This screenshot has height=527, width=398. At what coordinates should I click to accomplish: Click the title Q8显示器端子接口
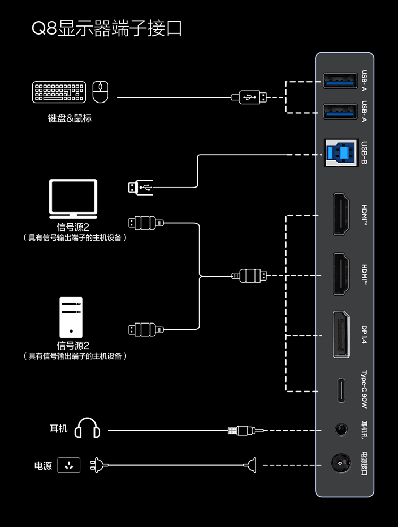click(x=107, y=28)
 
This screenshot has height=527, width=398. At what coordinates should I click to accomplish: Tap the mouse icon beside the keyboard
click(x=100, y=92)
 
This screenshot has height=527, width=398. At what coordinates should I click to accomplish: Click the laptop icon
click(x=73, y=198)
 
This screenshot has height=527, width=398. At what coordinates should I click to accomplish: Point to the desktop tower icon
click(x=71, y=317)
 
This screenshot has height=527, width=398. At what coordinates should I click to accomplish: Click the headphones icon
click(x=88, y=428)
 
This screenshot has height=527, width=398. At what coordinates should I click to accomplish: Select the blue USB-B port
click(x=340, y=153)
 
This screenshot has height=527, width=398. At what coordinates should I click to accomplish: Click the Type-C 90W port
click(x=341, y=390)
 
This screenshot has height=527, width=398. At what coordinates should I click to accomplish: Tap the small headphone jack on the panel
click(x=341, y=428)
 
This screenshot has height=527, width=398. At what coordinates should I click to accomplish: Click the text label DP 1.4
click(x=364, y=335)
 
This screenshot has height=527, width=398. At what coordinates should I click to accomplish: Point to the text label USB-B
click(x=364, y=153)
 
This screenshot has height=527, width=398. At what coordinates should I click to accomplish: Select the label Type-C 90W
click(x=364, y=390)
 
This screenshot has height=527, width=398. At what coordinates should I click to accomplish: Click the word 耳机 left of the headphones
click(x=59, y=428)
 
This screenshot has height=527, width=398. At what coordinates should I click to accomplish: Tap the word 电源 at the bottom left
click(x=43, y=466)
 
